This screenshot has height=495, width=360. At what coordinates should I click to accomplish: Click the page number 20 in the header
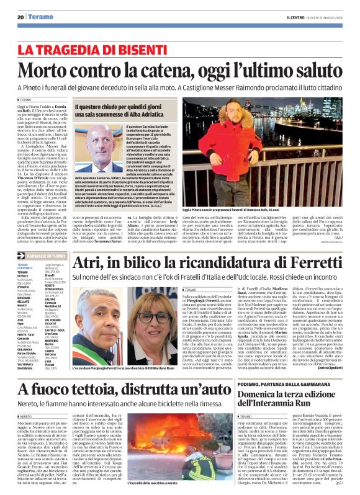(x=20, y=17)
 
